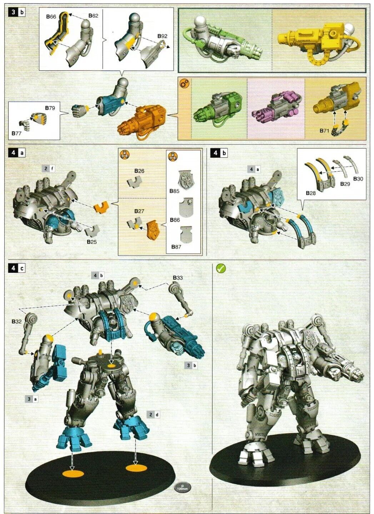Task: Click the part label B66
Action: point(51,17)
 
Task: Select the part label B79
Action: point(50,107)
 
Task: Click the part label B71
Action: point(324,131)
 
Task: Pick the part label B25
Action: point(92,242)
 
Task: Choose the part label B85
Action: point(174,191)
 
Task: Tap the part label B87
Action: point(176,247)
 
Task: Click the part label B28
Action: point(311,193)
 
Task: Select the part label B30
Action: point(358,178)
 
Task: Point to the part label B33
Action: point(178,278)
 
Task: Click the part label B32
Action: point(17,322)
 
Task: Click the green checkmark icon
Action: point(221,268)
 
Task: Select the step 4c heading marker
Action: point(17,268)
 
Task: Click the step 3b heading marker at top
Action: point(17,12)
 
